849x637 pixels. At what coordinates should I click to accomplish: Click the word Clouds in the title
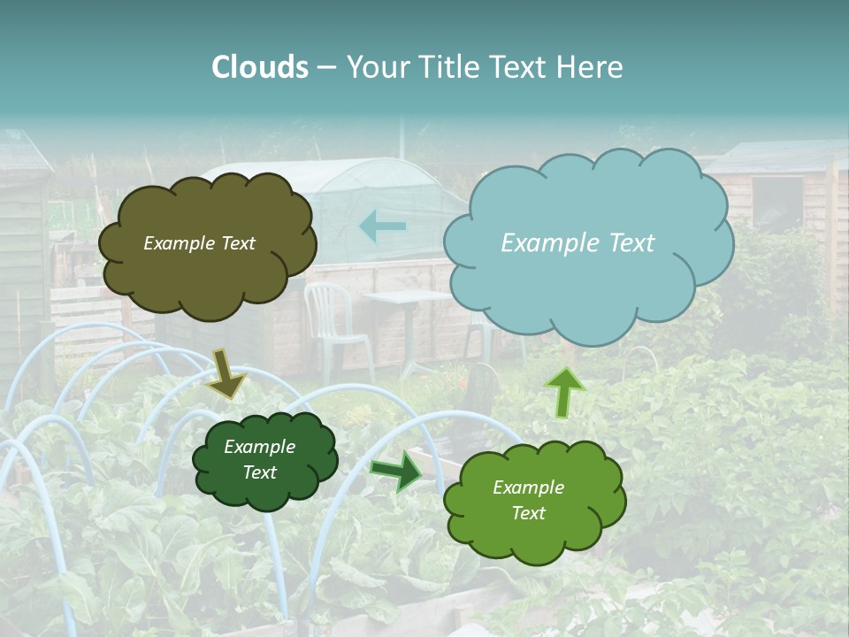tap(260, 67)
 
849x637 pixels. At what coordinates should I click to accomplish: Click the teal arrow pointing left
tap(382, 226)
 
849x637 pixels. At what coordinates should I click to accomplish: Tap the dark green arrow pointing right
tap(397, 470)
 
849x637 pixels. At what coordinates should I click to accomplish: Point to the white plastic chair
tap(333, 318)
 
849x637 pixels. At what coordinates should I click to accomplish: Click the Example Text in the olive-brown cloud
tap(199, 243)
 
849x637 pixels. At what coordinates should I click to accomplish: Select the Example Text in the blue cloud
tap(577, 243)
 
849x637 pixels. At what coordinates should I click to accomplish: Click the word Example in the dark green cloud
tap(259, 447)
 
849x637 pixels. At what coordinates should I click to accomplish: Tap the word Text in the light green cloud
tap(528, 513)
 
